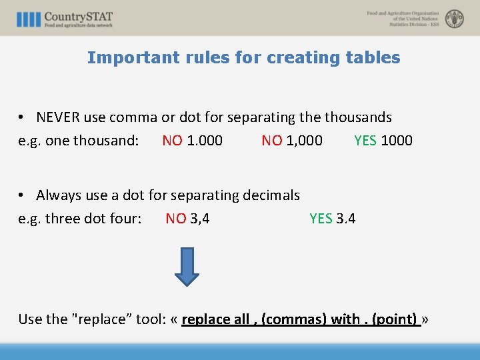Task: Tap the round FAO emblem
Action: click(455, 19)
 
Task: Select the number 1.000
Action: click(205, 141)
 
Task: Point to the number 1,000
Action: click(304, 141)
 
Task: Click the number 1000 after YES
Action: click(397, 141)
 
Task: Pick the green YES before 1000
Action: click(365, 141)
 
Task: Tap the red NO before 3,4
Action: click(176, 219)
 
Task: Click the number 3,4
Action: click(200, 219)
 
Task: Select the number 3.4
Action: click(346, 219)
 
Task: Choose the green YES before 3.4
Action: click(321, 219)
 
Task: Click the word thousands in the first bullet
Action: click(358, 117)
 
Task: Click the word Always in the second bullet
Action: click(59, 195)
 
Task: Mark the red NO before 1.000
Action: click(173, 141)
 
